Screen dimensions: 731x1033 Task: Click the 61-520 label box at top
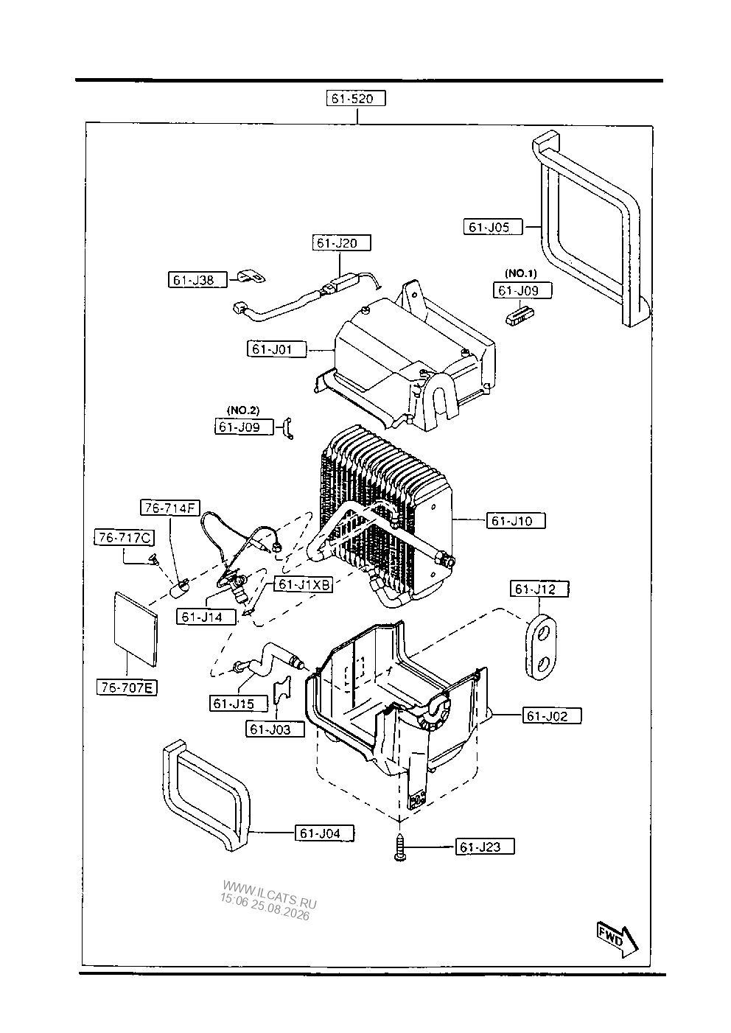356,98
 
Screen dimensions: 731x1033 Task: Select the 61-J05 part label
492,227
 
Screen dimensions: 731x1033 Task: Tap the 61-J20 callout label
341,243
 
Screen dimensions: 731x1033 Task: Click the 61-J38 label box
197,280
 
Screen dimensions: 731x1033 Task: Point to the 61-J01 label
276,349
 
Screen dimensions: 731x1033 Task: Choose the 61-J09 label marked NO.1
522,290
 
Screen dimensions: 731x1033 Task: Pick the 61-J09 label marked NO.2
244,427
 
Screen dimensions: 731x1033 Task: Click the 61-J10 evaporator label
516,521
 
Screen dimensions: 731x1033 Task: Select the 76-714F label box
169,508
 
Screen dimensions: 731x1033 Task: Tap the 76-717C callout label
124,538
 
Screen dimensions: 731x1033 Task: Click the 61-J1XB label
304,585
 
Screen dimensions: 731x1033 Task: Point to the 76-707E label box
127,687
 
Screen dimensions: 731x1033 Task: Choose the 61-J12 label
539,589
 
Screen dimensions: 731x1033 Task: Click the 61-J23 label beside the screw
485,847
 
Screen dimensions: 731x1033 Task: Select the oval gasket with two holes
541,647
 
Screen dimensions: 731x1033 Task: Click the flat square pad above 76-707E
136,629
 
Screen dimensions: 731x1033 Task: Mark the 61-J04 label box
324,833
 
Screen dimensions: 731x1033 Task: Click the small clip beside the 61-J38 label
251,277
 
